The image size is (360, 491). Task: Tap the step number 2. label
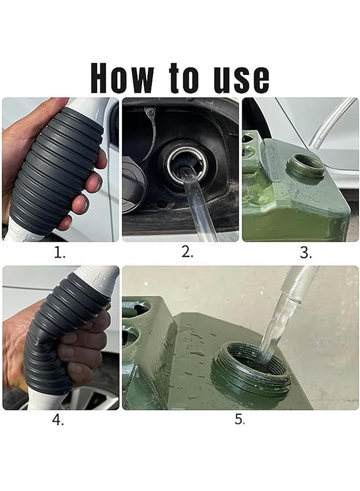(x=187, y=253)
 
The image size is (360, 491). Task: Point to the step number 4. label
(x=58, y=421)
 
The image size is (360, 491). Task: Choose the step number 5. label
(x=240, y=420)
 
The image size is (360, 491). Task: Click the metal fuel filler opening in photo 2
(x=187, y=160)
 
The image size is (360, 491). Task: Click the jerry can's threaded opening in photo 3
(x=306, y=166)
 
